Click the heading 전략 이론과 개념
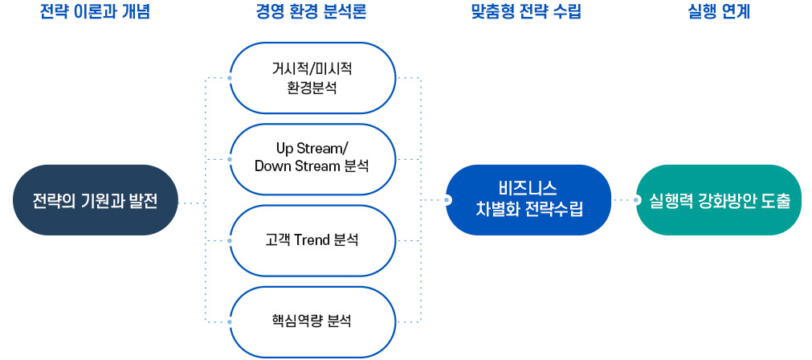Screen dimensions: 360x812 [95, 12]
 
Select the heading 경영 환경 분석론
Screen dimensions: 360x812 [311, 12]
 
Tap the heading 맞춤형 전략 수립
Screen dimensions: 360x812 [526, 12]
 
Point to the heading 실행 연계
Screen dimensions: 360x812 [720, 12]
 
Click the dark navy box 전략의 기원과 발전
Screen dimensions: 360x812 [95, 200]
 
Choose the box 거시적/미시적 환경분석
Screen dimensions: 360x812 [312, 78]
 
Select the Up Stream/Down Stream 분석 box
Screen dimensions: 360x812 [312, 159]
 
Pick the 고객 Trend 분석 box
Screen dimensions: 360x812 [312, 240]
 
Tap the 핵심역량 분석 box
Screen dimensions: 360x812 [312, 321]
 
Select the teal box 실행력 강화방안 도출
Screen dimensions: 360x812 [720, 200]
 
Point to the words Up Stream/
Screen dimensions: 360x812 [312, 149]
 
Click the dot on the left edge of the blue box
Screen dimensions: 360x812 [448, 199]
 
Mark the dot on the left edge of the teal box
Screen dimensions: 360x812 [638, 199]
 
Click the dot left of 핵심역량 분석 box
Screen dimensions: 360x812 [231, 321]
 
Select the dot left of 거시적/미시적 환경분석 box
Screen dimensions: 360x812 [231, 78]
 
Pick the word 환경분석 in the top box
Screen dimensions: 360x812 [312, 87]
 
